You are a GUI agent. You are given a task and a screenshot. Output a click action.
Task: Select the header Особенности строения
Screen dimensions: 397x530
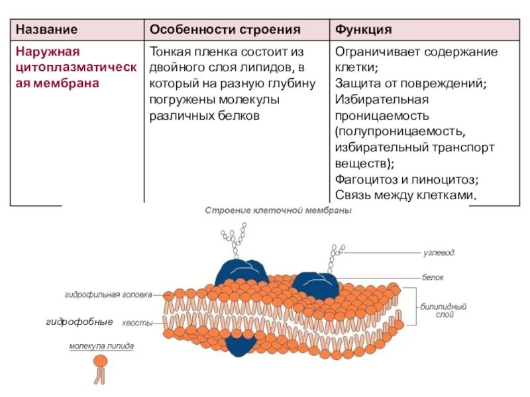225,30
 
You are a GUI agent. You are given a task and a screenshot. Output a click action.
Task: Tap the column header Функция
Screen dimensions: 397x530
364,30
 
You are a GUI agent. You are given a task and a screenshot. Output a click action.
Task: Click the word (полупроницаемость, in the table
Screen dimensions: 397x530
396,131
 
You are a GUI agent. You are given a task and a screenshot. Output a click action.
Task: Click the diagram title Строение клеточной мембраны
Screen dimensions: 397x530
278,210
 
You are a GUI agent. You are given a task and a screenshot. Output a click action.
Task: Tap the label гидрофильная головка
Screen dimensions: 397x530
109,294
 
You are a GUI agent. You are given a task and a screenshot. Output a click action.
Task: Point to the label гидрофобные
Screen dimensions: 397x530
79,322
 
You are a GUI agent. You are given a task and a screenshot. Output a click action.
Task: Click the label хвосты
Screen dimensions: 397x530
138,322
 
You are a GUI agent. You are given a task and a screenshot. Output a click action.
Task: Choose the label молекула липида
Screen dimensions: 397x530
101,345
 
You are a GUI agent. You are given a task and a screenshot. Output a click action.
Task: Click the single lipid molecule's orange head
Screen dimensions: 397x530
101,361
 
